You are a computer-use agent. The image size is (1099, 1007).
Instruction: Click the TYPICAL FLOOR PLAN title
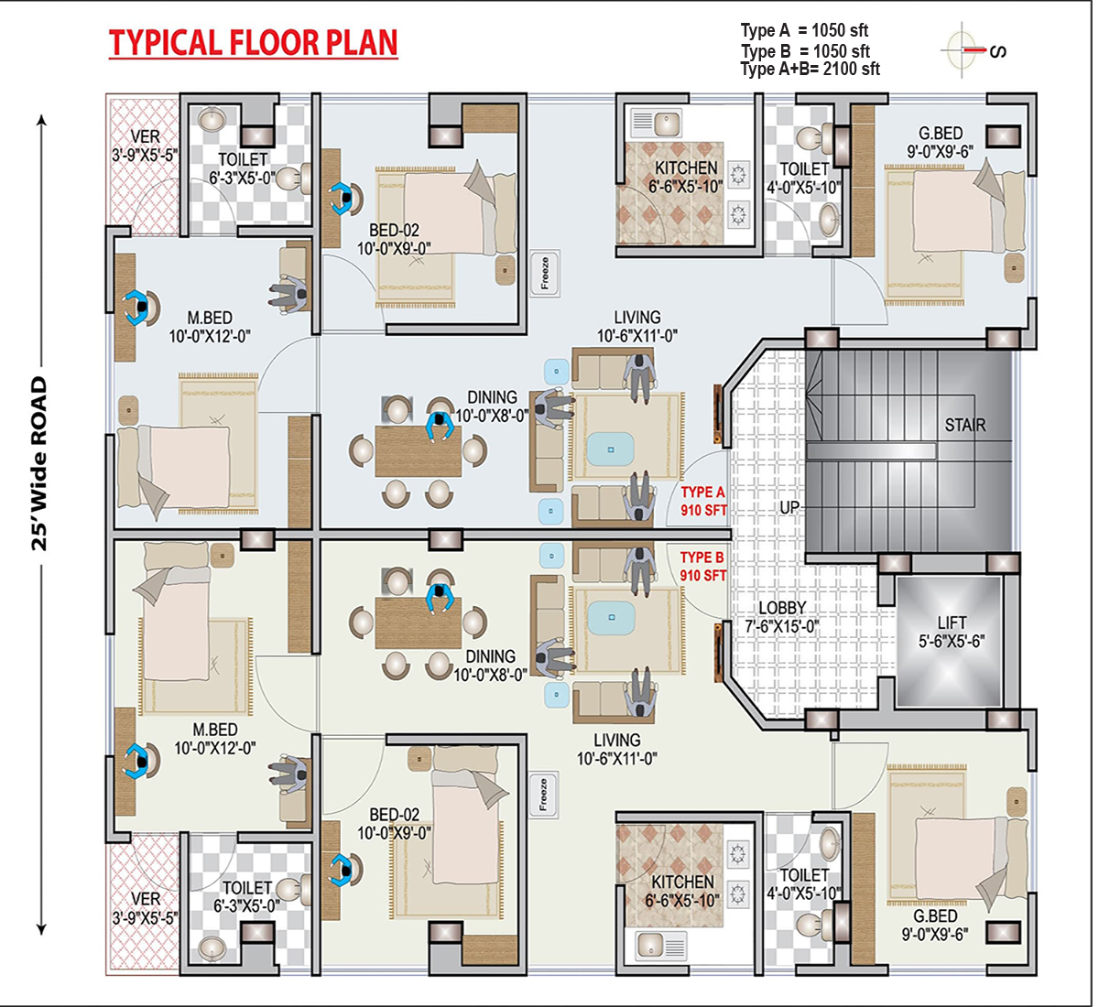(x=253, y=43)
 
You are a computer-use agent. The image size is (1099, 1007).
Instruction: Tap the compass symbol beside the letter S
(x=962, y=49)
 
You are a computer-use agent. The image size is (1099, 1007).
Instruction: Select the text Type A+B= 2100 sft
(x=810, y=70)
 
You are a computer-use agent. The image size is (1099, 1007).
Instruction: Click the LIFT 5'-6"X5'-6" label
(x=952, y=632)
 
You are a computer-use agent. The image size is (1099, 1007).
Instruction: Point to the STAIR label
(x=964, y=425)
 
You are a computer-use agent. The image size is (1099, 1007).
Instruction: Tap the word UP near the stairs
(x=789, y=508)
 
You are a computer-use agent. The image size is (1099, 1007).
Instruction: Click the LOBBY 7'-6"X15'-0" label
(x=782, y=617)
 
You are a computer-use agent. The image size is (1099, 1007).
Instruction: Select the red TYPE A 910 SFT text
(x=703, y=501)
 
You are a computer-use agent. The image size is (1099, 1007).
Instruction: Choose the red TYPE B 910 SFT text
(x=702, y=566)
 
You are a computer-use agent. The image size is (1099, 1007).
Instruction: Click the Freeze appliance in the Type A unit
(x=545, y=274)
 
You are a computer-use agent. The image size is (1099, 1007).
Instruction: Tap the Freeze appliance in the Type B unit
(x=543, y=795)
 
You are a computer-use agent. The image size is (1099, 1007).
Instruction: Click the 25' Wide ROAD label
(x=39, y=463)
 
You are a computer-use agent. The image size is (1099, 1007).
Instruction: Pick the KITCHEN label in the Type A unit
(x=686, y=168)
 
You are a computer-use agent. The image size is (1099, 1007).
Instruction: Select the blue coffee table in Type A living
(x=610, y=449)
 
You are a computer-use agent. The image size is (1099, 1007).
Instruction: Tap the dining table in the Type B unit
(x=418, y=623)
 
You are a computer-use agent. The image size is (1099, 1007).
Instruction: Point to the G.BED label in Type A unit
(x=941, y=133)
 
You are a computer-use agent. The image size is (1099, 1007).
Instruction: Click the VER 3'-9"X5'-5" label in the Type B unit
(x=146, y=908)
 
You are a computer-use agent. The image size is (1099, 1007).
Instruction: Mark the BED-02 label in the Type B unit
(x=395, y=815)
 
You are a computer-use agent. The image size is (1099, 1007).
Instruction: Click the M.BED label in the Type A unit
(x=210, y=318)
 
